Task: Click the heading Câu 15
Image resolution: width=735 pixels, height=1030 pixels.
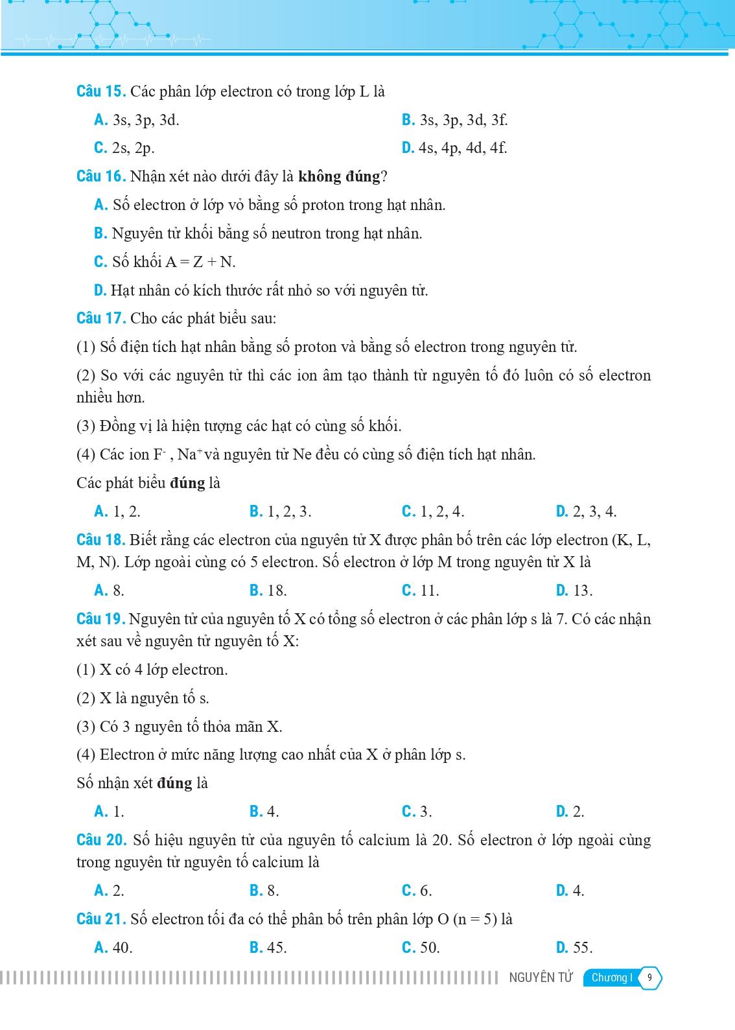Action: (100, 91)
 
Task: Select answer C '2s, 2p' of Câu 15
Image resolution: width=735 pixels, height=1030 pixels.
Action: (124, 148)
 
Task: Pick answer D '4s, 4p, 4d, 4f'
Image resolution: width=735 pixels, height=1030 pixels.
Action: (454, 148)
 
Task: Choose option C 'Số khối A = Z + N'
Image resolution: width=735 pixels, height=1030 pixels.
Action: (165, 262)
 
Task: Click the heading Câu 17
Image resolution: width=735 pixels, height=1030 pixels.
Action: (100, 318)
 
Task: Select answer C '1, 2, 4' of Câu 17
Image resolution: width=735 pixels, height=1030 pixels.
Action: (433, 511)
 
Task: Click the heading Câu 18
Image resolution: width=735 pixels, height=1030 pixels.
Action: (100, 540)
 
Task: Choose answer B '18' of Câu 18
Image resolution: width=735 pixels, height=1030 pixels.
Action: (268, 591)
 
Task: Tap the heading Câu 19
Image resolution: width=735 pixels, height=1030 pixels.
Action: (100, 619)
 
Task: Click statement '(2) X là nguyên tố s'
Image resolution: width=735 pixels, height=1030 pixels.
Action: (143, 698)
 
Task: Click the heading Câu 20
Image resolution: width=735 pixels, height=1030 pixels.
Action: (100, 840)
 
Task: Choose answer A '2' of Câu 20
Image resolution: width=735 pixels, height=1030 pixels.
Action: (110, 891)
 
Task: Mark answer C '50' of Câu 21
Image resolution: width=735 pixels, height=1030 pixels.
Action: (421, 948)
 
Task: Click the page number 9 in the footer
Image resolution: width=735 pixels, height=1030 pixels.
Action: (650, 978)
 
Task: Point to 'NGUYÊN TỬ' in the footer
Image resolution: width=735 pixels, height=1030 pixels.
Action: (541, 978)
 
